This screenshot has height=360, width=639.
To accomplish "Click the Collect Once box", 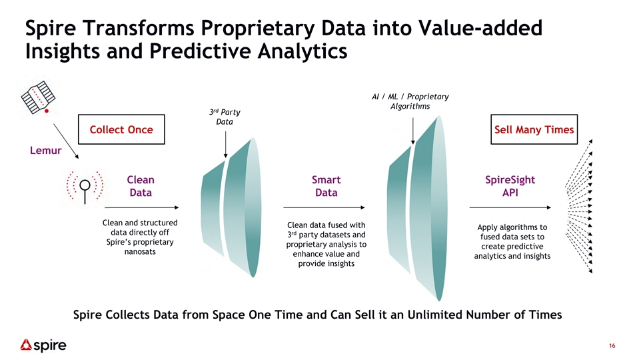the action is tap(121, 129).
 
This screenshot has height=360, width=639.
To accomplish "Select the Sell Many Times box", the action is tap(534, 129).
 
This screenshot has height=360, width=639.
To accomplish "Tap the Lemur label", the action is tap(45, 151).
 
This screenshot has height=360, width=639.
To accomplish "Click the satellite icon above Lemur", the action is tap(38, 97).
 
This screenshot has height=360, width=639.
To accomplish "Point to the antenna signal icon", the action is tap(85, 187).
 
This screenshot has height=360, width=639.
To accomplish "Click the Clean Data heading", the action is tap(141, 186).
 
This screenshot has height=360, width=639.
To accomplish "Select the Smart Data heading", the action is tap(326, 186).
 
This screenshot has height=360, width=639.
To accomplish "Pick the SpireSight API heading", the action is tap(510, 186).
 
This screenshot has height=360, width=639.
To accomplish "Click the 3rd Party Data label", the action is tap(225, 117).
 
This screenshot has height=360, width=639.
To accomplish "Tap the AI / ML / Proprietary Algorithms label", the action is tap(410, 101).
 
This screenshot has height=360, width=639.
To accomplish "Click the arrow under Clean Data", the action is tap(142, 207).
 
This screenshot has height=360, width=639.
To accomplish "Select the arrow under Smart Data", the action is tap(324, 207).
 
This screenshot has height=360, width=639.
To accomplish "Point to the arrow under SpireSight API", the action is tap(510, 207).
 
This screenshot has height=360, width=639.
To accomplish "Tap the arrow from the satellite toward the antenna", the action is tap(66, 141).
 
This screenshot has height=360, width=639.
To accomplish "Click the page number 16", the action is tap(612, 346).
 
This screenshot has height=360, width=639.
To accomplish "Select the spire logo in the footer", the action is tap(43, 345).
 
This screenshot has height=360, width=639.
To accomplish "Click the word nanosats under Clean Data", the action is tap(140, 251).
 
